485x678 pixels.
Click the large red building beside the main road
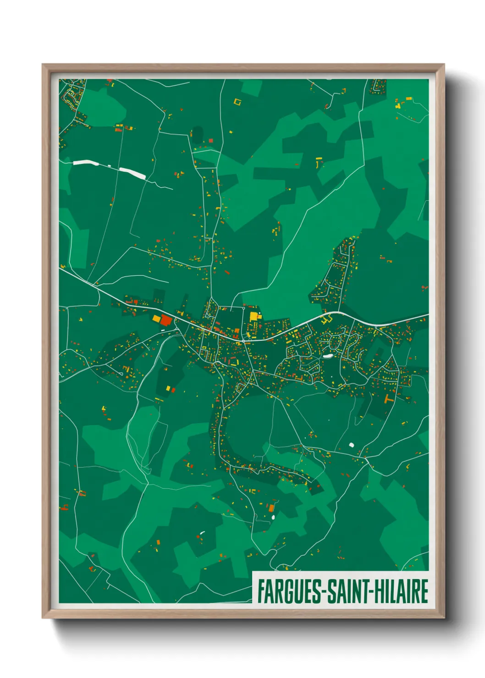pyautogui.click(x=165, y=321)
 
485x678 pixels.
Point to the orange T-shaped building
pyautogui.click(x=389, y=398)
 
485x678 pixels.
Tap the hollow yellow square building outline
pyautogui.click(x=237, y=101)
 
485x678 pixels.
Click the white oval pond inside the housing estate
pyautogui.click(x=327, y=355)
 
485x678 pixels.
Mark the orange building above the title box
pyautogui.click(x=271, y=508)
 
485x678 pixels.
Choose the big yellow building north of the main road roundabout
pyautogui.click(x=254, y=316)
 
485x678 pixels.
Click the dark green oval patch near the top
pyautogui.click(x=197, y=133)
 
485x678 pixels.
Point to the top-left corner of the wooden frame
pyautogui.click(x=43, y=65)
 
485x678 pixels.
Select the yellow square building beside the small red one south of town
pyautogui.click(x=168, y=388)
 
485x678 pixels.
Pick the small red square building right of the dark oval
pyautogui.click(x=211, y=141)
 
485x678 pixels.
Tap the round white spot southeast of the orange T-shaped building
pyautogui.click(x=352, y=445)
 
